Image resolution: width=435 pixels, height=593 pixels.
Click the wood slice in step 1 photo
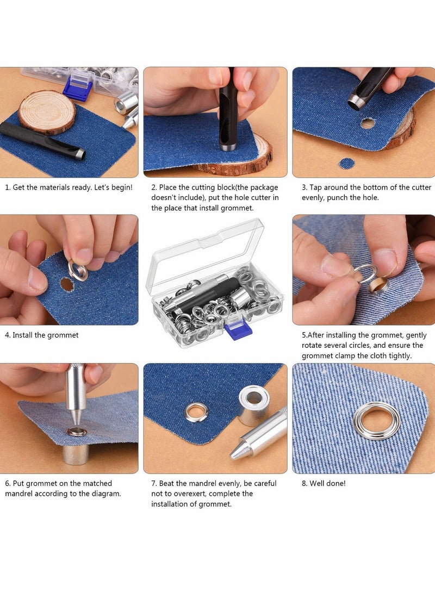[x=46, y=111]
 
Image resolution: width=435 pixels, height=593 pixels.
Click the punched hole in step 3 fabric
[x=368, y=123]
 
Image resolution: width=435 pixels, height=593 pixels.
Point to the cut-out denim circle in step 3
[x=346, y=163]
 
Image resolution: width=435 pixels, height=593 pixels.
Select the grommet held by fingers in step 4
[x=78, y=270]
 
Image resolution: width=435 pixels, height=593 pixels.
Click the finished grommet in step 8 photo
[x=376, y=420]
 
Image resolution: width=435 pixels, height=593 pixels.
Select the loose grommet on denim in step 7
[x=196, y=412]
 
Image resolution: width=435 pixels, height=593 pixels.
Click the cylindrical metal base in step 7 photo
[x=253, y=404]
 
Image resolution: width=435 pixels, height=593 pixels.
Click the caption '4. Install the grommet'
[x=42, y=335]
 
